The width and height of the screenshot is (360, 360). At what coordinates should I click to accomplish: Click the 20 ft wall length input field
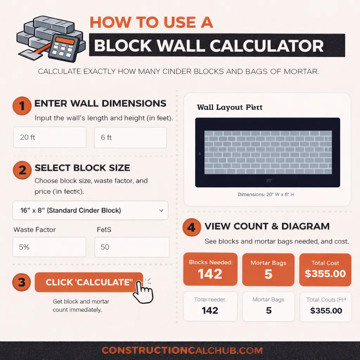50,137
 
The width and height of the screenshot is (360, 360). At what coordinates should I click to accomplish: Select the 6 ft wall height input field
130,137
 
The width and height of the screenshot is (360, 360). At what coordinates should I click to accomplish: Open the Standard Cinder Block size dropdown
90,211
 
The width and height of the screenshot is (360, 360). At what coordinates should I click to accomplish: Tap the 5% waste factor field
50,247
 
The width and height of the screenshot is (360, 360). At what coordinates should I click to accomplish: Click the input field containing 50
131,247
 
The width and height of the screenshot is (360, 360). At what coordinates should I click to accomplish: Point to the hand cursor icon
143,291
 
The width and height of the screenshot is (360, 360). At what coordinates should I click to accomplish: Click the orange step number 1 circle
22,106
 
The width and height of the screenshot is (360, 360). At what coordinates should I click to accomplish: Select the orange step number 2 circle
22,170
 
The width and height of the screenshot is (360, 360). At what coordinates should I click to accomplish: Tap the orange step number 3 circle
22,283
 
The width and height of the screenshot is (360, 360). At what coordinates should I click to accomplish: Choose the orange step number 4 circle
191,227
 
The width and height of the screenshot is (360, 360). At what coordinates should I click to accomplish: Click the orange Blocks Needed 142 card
210,269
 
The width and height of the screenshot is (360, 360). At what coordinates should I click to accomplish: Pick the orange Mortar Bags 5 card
268,269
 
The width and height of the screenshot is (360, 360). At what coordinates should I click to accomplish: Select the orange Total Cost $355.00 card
325,269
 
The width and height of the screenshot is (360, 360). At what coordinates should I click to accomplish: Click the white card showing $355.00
326,307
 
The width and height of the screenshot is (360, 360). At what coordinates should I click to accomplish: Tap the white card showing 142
210,307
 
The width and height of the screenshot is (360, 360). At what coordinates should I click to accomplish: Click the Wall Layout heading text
230,107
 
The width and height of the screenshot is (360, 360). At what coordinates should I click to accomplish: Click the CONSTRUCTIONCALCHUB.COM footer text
182,351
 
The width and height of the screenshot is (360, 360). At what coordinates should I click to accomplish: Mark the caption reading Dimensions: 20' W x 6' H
265,194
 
